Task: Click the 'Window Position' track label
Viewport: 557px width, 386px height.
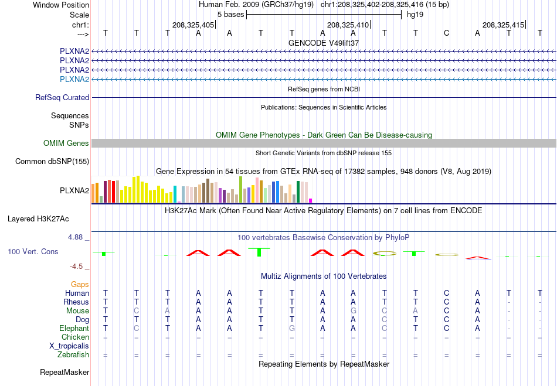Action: (x=61, y=5)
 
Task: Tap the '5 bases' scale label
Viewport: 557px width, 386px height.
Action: (x=231, y=15)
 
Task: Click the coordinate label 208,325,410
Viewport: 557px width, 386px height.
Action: (x=348, y=25)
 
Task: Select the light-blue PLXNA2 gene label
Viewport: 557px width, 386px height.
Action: (x=74, y=79)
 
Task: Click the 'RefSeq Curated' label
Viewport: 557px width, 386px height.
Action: (x=62, y=98)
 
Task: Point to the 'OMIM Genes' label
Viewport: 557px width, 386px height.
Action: (x=66, y=143)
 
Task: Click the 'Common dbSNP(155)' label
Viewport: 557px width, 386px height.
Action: (x=52, y=162)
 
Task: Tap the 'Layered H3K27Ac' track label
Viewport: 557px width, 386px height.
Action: (x=38, y=219)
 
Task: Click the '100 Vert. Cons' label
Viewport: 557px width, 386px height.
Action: (x=33, y=251)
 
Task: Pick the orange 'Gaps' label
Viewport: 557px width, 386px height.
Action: (x=80, y=284)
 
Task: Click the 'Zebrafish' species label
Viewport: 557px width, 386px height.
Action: (x=73, y=355)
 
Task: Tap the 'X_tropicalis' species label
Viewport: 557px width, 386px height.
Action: (x=69, y=346)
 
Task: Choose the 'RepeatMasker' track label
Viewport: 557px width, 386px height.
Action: (x=64, y=372)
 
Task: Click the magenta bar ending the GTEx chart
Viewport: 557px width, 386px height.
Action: (x=311, y=200)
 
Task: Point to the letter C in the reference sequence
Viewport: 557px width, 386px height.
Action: (x=447, y=33)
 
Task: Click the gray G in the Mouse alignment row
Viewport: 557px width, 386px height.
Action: (x=353, y=311)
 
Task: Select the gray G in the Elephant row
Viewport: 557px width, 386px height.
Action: (x=291, y=328)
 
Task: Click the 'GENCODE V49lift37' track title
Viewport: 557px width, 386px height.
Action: (x=324, y=43)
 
